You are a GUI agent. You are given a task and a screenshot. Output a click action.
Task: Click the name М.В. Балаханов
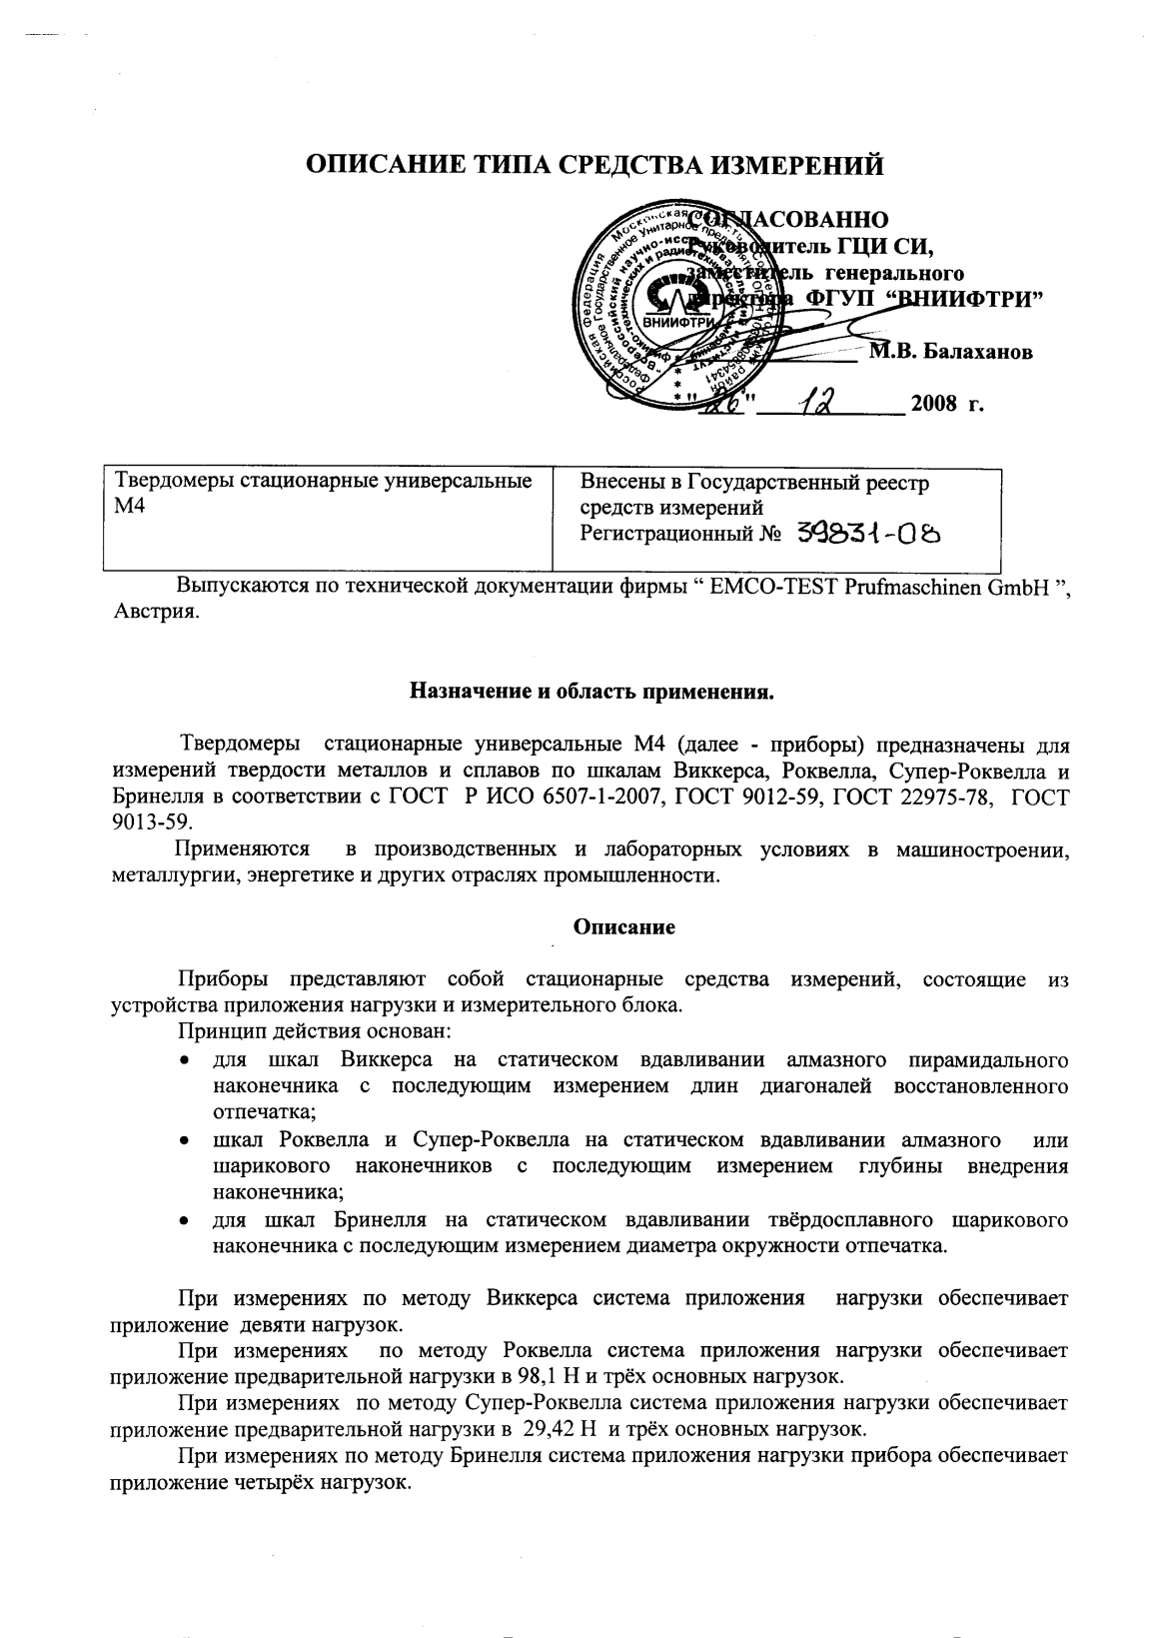tap(949, 352)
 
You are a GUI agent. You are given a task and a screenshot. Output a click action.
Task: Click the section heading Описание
tap(623, 926)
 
